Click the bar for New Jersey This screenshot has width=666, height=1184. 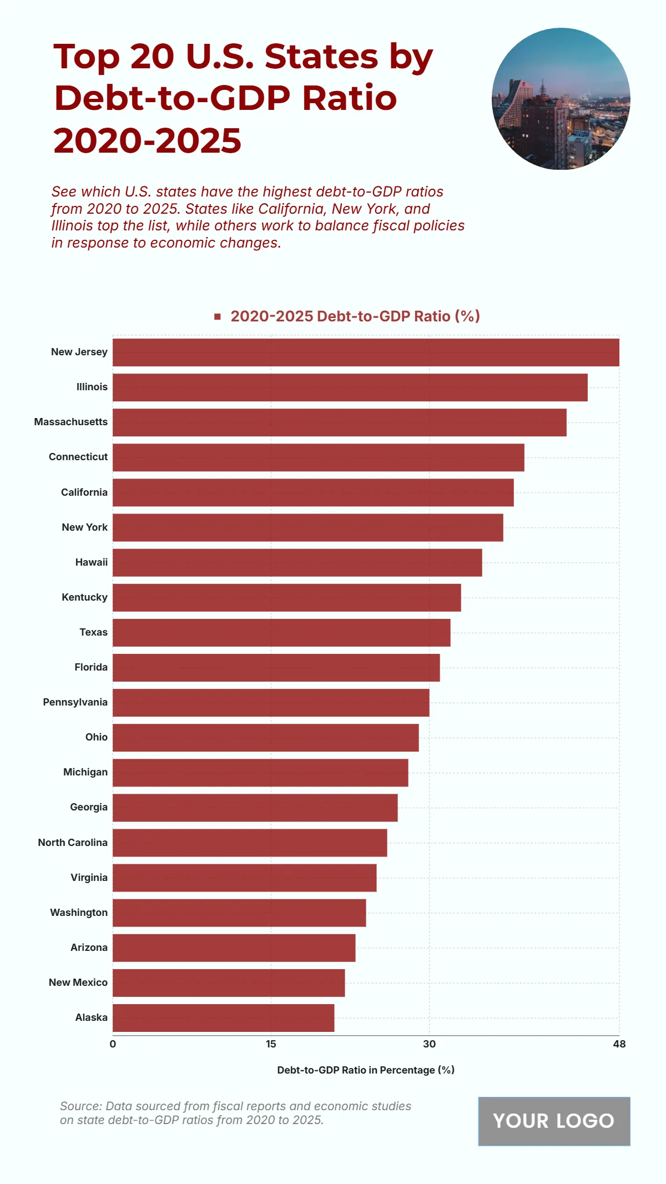pyautogui.click(x=366, y=352)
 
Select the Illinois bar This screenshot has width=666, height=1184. pyautogui.click(x=350, y=387)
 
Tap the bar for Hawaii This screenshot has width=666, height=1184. pyautogui.click(x=297, y=562)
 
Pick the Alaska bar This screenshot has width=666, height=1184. pyautogui.click(x=223, y=1017)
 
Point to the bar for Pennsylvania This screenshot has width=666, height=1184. pyautogui.click(x=271, y=703)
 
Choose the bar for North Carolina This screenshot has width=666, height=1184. pyautogui.click(x=250, y=843)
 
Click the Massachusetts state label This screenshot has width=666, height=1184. pyautogui.click(x=71, y=422)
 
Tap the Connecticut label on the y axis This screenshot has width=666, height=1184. pyautogui.click(x=78, y=457)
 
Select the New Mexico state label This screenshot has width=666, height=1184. pyautogui.click(x=78, y=983)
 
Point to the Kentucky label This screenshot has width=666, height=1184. pyautogui.click(x=84, y=597)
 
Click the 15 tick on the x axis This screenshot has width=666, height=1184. pyautogui.click(x=271, y=1044)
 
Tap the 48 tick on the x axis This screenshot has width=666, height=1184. pyautogui.click(x=619, y=1044)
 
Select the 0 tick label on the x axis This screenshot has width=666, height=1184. pyautogui.click(x=113, y=1044)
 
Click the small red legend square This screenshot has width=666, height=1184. pyautogui.click(x=218, y=316)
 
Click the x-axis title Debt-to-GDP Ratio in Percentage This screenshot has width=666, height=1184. pyautogui.click(x=366, y=1070)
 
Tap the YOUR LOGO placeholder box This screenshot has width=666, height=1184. pyautogui.click(x=554, y=1121)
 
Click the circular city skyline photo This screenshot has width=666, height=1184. pyautogui.click(x=561, y=99)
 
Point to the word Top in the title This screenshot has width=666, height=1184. pyautogui.click(x=87, y=57)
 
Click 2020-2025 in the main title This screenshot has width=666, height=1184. pyautogui.click(x=148, y=140)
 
